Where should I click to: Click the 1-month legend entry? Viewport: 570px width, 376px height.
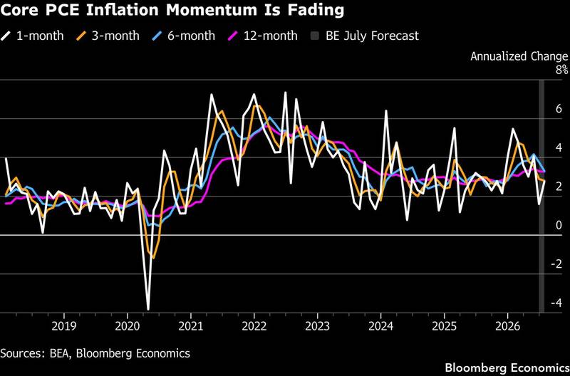[32, 36]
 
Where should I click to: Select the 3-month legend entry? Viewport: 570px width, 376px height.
[108, 36]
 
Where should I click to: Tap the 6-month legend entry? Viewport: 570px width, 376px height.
[184, 36]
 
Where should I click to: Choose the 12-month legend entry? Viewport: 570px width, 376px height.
[262, 36]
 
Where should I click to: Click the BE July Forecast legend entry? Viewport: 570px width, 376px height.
[365, 36]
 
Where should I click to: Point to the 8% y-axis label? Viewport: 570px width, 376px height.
[561, 70]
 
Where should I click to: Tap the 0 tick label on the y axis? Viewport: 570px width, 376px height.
[559, 225]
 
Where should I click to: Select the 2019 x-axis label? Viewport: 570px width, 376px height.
[64, 326]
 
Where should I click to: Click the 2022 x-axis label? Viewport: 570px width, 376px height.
[254, 326]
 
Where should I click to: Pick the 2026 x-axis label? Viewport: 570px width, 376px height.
[507, 326]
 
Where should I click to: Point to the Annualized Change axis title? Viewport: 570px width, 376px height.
[519, 56]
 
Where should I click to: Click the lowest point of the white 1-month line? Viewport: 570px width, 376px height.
[148, 310]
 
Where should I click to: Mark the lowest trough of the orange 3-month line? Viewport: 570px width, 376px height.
[154, 258]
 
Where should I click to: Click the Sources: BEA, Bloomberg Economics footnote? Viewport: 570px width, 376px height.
[95, 353]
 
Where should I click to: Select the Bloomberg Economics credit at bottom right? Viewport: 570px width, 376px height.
[507, 367]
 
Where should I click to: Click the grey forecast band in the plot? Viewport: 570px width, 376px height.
[541, 196]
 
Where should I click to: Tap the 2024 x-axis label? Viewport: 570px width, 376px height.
[380, 326]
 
